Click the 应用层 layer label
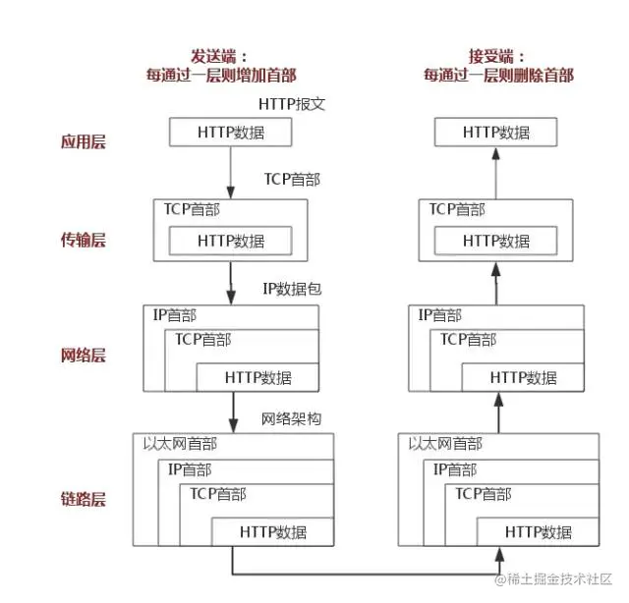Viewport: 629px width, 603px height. (x=83, y=141)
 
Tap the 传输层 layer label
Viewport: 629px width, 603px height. (x=83, y=240)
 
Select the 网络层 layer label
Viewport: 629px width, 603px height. (x=83, y=355)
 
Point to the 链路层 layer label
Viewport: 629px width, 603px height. (x=83, y=498)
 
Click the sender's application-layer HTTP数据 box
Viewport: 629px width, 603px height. (x=230, y=133)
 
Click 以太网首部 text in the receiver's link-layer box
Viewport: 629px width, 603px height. (x=444, y=444)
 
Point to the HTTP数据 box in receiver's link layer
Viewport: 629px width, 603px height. (x=538, y=532)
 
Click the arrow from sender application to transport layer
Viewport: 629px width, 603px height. (x=230, y=173)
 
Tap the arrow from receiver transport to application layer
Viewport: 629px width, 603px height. (x=496, y=173)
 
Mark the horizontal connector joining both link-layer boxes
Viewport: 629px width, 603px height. (x=364, y=574)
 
